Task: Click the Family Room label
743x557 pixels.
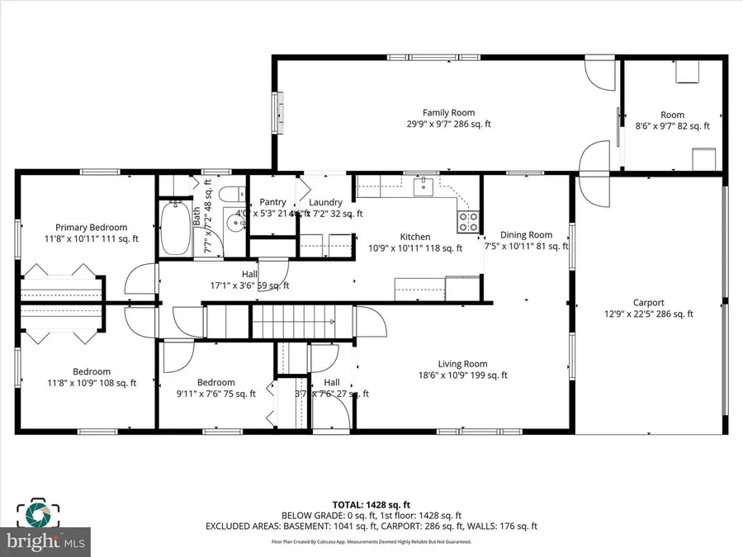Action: pos(448,113)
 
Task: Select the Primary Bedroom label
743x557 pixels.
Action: pos(91,228)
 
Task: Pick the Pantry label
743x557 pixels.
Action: pos(272,202)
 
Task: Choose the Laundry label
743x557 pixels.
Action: pos(325,202)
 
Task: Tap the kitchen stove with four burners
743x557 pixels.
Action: pos(469,221)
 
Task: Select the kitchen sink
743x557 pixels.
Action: pos(427,186)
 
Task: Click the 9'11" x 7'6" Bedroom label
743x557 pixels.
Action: pos(215,383)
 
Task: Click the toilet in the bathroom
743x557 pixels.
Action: pos(231,196)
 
